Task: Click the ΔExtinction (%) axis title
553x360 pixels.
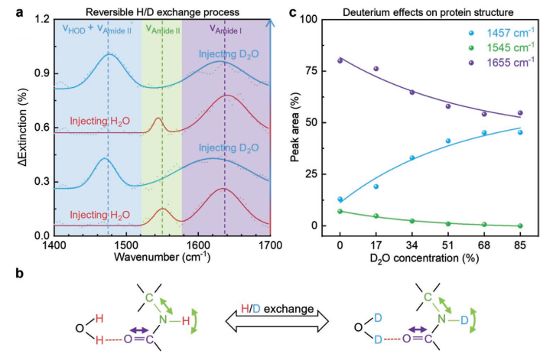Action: (8, 128)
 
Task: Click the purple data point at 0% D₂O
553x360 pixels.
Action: (340, 60)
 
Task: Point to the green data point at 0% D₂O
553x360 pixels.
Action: (340, 211)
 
